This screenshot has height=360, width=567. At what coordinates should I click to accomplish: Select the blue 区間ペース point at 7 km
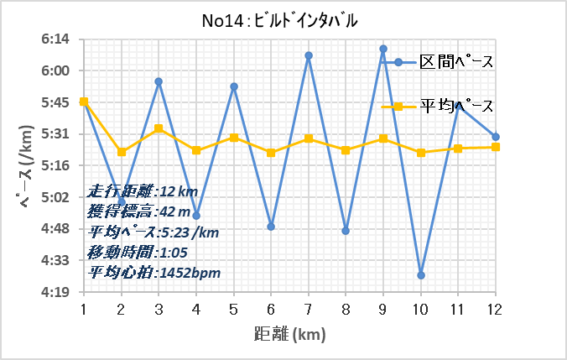(309, 55)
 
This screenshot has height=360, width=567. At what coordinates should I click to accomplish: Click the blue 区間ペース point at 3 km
(159, 81)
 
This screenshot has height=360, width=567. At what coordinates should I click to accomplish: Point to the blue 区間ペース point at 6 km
(271, 227)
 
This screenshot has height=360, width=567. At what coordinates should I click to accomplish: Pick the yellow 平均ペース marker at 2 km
(122, 152)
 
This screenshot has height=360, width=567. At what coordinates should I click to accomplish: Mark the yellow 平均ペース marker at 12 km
(496, 147)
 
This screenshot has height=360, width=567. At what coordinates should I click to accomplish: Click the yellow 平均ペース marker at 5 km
(234, 138)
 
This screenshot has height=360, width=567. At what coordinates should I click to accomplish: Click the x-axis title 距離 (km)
(289, 333)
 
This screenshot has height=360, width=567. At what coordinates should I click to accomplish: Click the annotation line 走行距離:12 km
(142, 191)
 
